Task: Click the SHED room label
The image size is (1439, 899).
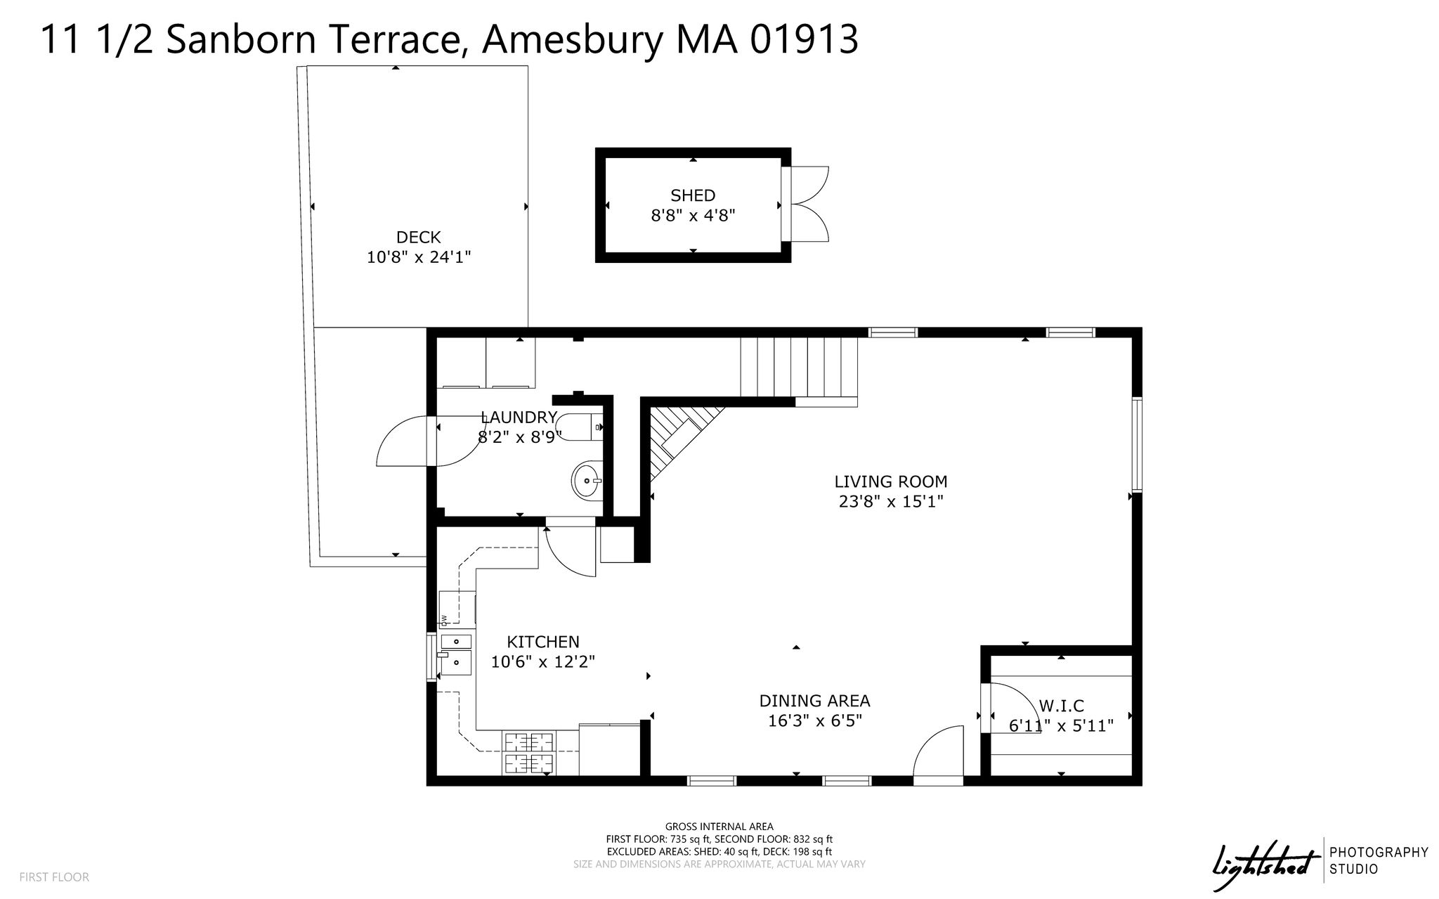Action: coord(693,195)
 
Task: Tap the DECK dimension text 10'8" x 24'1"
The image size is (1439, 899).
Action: coord(419,257)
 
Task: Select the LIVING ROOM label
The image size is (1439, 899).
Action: coord(891,481)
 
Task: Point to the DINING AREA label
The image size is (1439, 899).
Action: coord(815,701)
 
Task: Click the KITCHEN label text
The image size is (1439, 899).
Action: coord(543,642)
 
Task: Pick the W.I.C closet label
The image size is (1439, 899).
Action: coord(1061,706)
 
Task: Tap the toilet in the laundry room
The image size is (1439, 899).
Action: coord(579,427)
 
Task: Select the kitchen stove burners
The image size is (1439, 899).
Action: coord(528,754)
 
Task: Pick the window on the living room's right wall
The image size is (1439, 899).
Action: coord(1136,444)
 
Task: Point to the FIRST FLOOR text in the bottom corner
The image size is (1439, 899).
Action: coord(54,877)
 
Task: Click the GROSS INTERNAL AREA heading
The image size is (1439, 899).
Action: coord(719,827)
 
